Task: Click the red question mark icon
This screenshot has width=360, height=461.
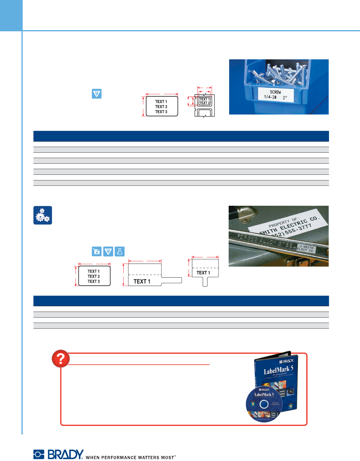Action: pos(61,359)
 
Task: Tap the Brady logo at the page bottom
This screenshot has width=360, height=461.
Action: pos(59,454)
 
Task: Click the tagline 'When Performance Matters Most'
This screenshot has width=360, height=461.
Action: pos(131,457)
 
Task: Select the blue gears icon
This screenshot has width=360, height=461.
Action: pos(43,215)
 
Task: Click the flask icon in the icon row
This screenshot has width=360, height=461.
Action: pos(120,251)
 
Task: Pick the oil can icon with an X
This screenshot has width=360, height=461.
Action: pos(97,251)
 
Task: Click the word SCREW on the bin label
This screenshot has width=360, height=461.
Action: pos(275,92)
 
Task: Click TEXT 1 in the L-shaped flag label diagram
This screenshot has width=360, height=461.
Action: pos(142,281)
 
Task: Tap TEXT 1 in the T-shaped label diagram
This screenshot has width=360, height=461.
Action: pos(203,273)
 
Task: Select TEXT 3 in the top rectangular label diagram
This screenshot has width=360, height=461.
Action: pos(161,112)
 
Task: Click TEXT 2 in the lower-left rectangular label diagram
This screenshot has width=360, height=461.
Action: pos(94,276)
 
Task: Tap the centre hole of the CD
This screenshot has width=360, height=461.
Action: pos(264,404)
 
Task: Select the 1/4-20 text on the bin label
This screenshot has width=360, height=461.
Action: pos(270,97)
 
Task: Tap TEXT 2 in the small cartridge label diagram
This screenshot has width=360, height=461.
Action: pos(204,103)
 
